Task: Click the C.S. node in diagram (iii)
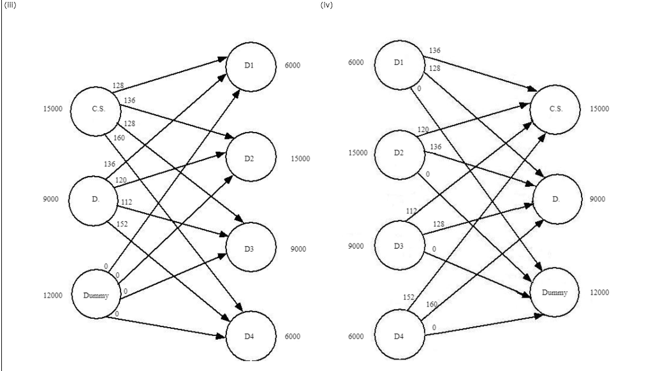tap(96, 109)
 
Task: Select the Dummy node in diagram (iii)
tap(96, 296)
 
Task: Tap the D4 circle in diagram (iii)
tap(251, 336)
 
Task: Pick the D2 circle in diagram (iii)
tap(251, 157)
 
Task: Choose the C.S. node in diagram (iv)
tap(555, 108)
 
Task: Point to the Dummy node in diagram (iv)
tap(555, 293)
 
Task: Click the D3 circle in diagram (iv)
tap(399, 245)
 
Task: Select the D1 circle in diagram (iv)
tap(399, 62)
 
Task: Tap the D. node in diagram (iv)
tap(555, 199)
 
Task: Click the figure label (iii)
tap(8, 6)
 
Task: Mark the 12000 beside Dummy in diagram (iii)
tap(53, 296)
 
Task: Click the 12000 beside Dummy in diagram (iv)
tap(599, 293)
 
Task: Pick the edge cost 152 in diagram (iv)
tap(408, 297)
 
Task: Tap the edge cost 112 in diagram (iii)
tap(126, 202)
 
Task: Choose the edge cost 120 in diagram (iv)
tap(423, 129)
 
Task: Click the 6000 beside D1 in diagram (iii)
tap(293, 65)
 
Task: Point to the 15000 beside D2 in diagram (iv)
tap(357, 153)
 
